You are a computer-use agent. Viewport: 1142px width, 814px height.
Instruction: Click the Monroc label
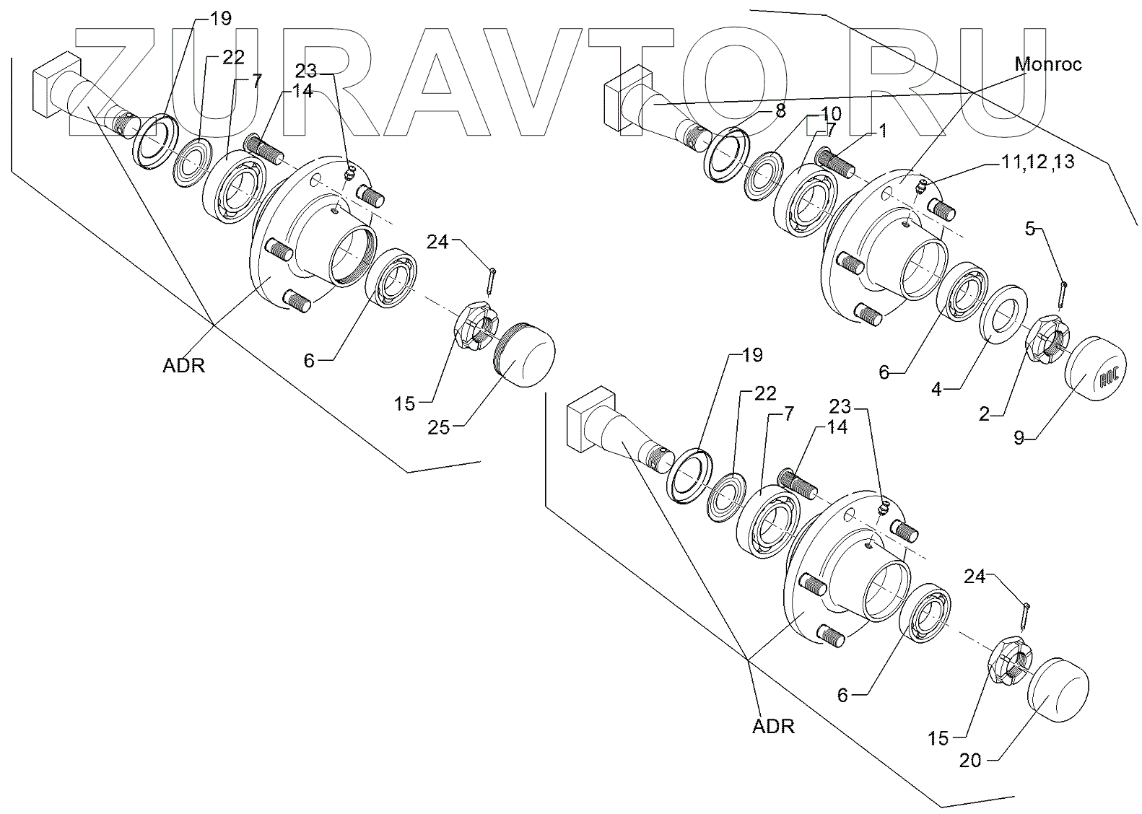point(1048,64)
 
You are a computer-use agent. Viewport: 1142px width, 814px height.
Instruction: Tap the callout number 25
point(438,427)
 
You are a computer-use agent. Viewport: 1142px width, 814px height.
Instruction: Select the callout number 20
point(971,760)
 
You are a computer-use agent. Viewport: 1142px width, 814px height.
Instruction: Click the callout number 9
point(1019,437)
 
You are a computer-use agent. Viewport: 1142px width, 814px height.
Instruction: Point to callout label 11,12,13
point(1038,163)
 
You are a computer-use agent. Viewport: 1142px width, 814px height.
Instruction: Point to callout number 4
point(938,390)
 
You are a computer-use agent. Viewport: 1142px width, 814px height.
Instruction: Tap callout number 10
point(830,114)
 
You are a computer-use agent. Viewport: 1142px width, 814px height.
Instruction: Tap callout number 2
point(984,413)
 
